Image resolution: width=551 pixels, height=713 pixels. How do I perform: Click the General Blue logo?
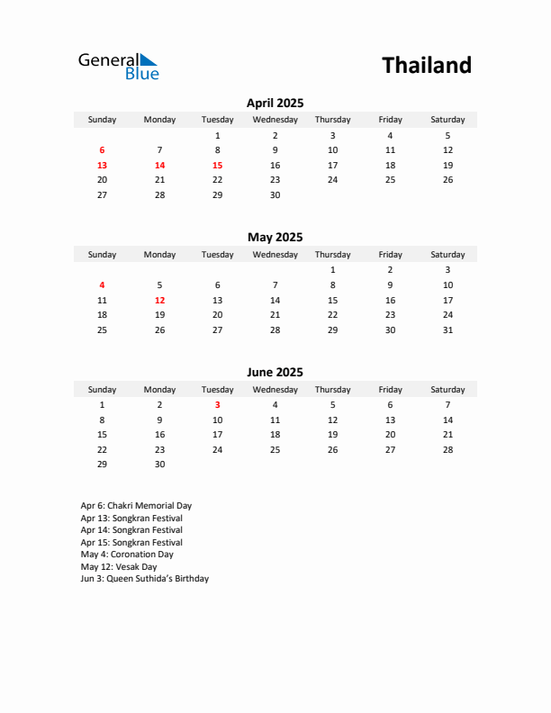[118, 66]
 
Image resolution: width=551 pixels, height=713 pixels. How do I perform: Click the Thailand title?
[426, 65]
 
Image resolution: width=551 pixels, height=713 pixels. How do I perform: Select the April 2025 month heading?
[275, 103]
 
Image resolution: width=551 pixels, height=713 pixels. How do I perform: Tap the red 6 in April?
[102, 150]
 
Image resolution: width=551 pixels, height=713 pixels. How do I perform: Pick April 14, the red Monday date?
[159, 166]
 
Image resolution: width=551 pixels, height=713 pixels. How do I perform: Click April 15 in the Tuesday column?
[217, 166]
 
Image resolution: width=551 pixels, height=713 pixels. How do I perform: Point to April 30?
[275, 194]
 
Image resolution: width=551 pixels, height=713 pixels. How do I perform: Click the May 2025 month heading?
[275, 238]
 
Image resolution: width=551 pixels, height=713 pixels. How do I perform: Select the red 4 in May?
[102, 284]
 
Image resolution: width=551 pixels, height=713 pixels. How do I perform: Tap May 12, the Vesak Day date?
[159, 300]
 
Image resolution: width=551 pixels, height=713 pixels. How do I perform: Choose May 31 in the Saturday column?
[447, 329]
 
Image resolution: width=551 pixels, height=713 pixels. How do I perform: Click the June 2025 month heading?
[275, 372]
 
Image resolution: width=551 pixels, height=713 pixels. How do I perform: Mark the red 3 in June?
[217, 405]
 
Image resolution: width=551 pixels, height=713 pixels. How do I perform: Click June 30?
[159, 465]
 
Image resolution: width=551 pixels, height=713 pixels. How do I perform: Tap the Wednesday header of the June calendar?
[275, 390]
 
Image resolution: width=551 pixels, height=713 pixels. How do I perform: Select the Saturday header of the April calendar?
[447, 120]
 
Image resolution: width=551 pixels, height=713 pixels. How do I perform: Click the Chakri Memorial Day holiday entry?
[136, 506]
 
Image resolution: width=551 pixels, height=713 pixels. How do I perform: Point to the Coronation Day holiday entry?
[127, 555]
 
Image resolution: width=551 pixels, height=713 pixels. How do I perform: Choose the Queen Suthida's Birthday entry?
[144, 579]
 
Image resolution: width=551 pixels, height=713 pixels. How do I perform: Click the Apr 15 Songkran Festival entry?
[131, 543]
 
